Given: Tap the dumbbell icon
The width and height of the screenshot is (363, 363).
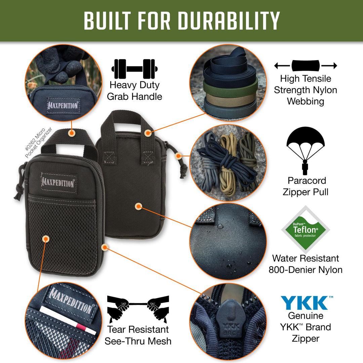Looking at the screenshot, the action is [x=134, y=69].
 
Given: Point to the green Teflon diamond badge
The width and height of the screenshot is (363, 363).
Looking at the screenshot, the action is [x=306, y=230].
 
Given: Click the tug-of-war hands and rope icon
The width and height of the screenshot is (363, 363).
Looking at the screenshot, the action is [x=138, y=309].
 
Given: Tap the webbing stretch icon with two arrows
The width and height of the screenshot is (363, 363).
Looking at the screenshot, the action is [x=306, y=66].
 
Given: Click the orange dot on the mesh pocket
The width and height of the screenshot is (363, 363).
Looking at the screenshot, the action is [x=46, y=239].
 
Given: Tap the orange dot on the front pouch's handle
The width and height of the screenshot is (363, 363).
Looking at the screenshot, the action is [x=72, y=133].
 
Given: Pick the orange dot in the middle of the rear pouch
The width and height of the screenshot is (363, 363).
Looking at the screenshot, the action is [x=138, y=206].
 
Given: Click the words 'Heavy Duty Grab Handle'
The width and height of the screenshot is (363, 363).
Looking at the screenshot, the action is [x=134, y=91].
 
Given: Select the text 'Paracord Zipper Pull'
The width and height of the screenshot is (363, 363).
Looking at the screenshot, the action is [x=306, y=186].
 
